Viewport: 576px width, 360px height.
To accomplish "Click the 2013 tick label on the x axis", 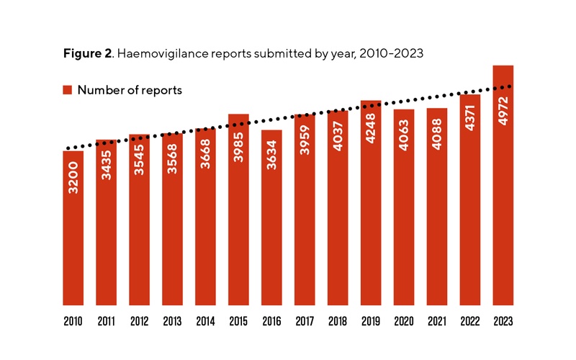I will pos(172,320).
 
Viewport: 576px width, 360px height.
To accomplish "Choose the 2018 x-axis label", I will pos(338,320).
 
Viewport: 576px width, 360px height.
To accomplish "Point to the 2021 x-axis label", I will pos(437,320).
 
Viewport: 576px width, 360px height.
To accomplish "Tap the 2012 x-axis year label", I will pos(139,320).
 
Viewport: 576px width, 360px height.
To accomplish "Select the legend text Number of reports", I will pos(130,90).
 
